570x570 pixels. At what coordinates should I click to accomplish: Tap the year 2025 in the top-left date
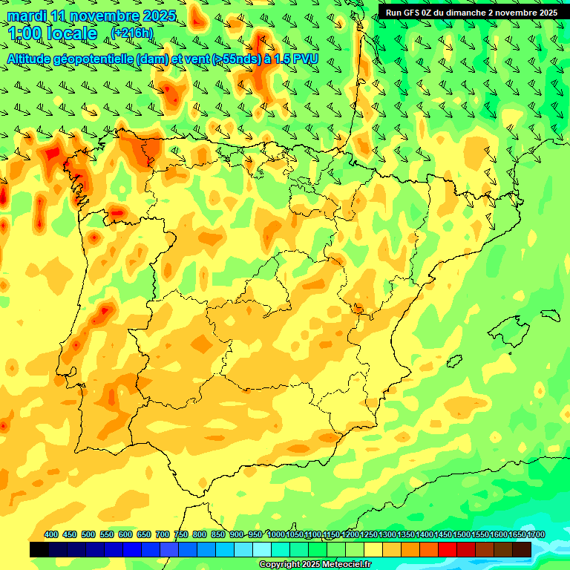click(157, 16)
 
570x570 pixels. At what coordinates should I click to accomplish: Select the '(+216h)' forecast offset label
click(132, 33)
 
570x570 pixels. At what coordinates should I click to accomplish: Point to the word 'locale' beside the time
click(72, 33)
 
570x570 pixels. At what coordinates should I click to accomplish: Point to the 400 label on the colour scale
click(51, 534)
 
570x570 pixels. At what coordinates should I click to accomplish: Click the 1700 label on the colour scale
click(517, 534)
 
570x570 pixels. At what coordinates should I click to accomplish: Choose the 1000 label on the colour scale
click(276, 534)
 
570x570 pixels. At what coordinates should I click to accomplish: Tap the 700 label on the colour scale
click(163, 534)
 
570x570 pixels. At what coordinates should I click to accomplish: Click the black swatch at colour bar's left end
click(39, 549)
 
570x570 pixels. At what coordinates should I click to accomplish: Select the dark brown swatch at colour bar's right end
click(522, 549)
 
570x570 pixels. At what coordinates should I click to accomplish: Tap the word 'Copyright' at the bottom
click(279, 565)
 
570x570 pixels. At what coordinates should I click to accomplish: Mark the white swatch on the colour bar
click(261, 549)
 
